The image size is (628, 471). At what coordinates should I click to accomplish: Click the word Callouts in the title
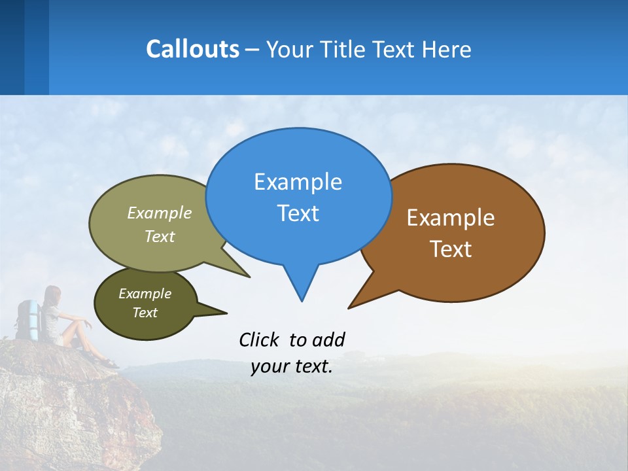[192, 49]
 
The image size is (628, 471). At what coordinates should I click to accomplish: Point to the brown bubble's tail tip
[350, 307]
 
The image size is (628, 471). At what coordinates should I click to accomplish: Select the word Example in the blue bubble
[298, 182]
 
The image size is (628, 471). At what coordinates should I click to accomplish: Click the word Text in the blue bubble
[298, 213]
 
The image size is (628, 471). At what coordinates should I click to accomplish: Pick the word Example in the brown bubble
[451, 218]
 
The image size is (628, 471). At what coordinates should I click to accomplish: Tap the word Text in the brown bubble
[451, 249]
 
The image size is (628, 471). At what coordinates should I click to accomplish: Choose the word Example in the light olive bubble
[160, 213]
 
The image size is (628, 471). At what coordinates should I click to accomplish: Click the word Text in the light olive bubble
[160, 236]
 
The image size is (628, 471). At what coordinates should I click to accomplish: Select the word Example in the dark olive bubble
[145, 294]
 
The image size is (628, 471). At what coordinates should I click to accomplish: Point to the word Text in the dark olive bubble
[145, 313]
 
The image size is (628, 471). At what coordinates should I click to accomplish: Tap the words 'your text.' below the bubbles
[292, 366]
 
